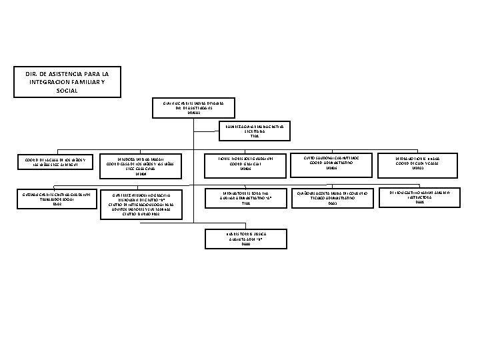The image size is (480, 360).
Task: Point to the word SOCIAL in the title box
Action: click(67, 89)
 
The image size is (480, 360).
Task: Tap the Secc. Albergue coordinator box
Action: click(52, 163)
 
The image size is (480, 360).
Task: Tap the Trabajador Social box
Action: click(52, 198)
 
